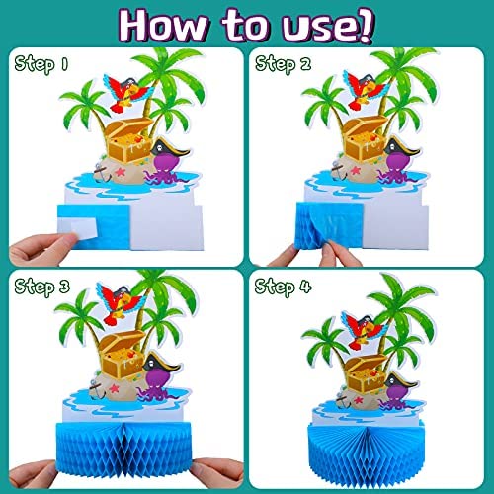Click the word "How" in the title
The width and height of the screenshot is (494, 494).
point(164,26)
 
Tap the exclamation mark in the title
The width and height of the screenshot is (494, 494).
point(366,25)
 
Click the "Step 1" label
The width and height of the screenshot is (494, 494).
point(41,64)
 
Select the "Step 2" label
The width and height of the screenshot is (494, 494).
point(284,64)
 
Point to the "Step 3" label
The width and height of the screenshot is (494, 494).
point(42,287)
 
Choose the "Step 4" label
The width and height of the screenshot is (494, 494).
point(284,287)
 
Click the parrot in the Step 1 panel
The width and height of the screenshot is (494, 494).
point(125,93)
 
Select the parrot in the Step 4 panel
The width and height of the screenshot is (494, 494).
point(364,330)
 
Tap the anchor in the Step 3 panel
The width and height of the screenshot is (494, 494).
point(96,388)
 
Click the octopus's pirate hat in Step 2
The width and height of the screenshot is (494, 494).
point(401,146)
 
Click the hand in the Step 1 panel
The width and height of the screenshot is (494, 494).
point(42,248)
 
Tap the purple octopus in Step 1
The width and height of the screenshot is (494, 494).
point(165,169)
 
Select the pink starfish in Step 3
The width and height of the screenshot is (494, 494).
point(114,389)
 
